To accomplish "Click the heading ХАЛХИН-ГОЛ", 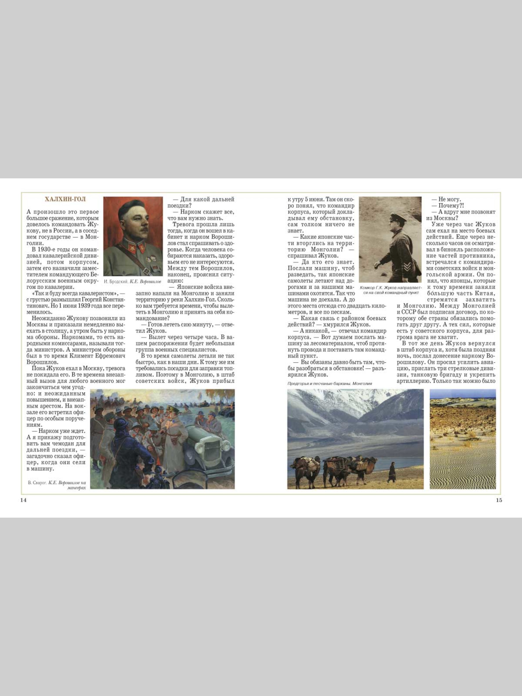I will [65, 200].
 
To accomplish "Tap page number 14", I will [23, 500].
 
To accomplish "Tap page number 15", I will [499, 500].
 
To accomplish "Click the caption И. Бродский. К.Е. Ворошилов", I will [133, 282].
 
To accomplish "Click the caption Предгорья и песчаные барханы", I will [329, 384].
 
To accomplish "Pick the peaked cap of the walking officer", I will [397, 217].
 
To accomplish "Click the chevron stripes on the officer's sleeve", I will [407, 267].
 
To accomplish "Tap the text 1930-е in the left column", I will [48, 249].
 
